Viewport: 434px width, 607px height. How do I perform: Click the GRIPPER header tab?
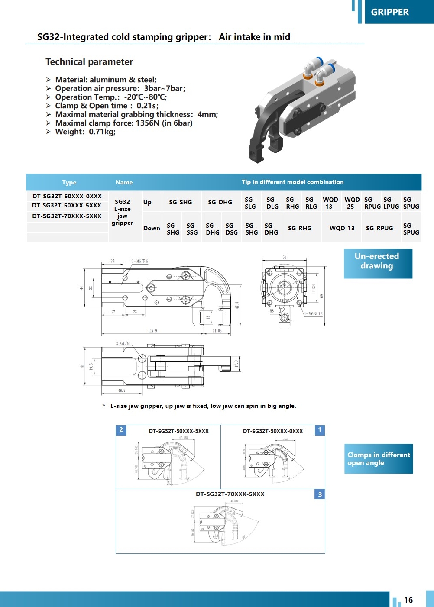(x=390, y=12)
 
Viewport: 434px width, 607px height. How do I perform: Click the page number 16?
(x=408, y=600)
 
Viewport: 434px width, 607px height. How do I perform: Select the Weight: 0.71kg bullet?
(x=85, y=132)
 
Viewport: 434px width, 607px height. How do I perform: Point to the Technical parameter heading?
(x=89, y=61)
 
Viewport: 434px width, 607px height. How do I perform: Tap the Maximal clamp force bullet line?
(x=123, y=123)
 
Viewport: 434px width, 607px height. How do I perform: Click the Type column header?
(x=69, y=182)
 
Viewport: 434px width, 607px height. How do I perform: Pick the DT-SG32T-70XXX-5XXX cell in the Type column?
(x=67, y=216)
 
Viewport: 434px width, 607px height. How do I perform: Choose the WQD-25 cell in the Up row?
(x=352, y=203)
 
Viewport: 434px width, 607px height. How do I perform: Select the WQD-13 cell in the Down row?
(x=342, y=228)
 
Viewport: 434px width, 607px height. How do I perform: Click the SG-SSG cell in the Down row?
(x=192, y=229)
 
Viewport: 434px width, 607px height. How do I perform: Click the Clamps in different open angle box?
(x=378, y=458)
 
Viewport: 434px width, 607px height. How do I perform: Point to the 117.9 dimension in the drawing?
(x=152, y=331)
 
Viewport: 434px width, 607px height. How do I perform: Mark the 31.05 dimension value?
(x=217, y=331)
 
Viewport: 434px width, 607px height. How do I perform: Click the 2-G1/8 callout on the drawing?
(x=123, y=343)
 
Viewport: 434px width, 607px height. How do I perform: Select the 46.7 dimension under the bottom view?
(x=122, y=391)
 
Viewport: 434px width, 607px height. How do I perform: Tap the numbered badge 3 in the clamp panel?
(x=320, y=494)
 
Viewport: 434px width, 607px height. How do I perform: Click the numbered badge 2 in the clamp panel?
(x=121, y=430)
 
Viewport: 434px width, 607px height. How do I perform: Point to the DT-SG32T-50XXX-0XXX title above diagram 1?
(x=273, y=431)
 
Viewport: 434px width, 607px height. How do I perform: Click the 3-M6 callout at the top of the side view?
(x=139, y=261)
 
